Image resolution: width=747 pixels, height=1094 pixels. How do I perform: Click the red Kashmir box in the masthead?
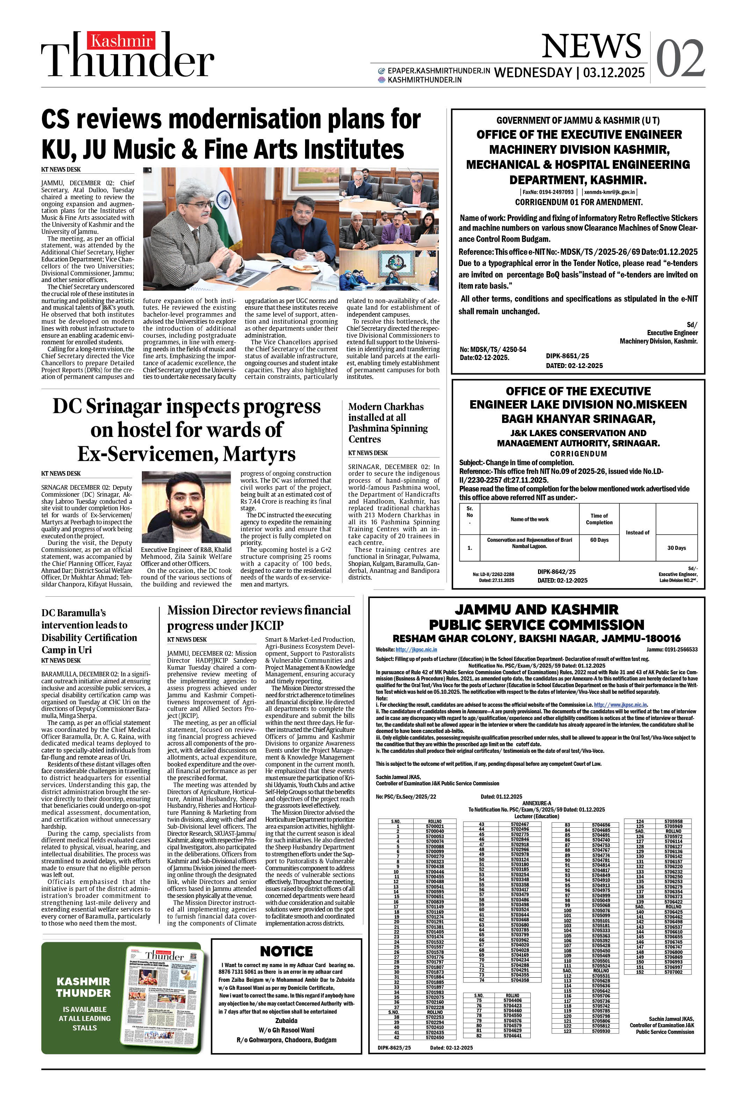121,41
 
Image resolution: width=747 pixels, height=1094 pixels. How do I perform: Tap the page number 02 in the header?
680,59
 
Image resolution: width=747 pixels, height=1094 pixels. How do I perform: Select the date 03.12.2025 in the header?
614,72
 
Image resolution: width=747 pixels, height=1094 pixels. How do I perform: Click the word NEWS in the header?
591,46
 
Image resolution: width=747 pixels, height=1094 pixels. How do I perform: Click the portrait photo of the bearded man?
186,507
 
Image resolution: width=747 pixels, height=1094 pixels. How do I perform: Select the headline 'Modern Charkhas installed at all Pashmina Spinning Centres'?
388,422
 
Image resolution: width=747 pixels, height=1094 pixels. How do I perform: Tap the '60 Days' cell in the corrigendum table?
599,540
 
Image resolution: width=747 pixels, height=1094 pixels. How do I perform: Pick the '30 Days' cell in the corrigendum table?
676,548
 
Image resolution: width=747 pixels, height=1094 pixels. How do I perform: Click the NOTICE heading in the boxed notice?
286,951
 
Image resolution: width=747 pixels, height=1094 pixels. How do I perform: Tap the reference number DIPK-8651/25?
567,356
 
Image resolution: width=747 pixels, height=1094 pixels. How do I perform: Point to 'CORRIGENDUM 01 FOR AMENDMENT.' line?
579,202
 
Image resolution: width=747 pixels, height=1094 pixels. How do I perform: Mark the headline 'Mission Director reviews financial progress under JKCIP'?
259,618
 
